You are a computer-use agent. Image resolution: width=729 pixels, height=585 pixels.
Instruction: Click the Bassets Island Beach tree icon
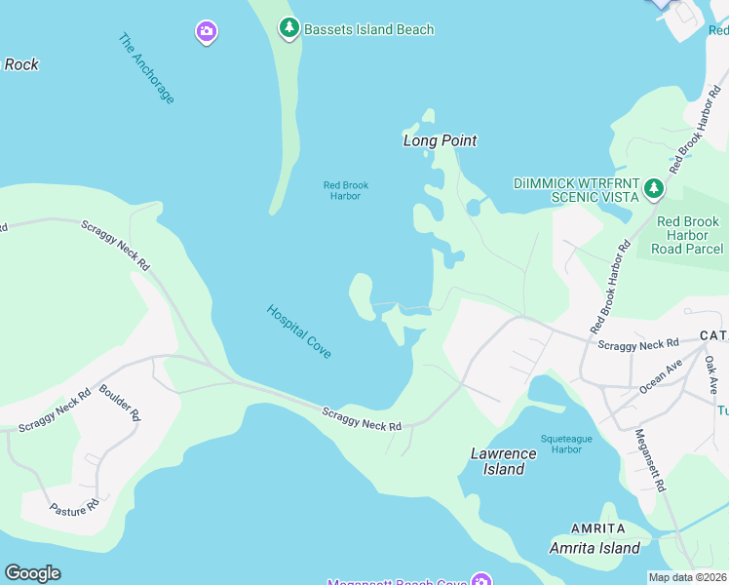(x=288, y=29)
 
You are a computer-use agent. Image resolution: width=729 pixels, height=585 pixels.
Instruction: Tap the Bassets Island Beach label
(x=368, y=29)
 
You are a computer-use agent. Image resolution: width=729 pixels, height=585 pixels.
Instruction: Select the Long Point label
(x=441, y=140)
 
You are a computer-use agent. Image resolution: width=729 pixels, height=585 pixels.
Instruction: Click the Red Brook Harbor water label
(x=346, y=190)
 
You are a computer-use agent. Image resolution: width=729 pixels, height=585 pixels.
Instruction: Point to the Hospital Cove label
(x=299, y=331)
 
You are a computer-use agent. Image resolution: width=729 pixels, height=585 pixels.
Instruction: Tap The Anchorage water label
(x=146, y=68)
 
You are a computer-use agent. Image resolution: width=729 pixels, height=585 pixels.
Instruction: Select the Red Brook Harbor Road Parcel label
(x=688, y=235)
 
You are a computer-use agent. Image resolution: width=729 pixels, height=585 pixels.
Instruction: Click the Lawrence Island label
(x=504, y=461)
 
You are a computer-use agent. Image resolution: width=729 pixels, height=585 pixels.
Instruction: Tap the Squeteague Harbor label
(x=566, y=445)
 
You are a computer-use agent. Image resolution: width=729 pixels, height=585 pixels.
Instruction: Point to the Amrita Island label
(x=595, y=548)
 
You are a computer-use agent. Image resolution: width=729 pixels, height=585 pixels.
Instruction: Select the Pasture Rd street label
(x=75, y=507)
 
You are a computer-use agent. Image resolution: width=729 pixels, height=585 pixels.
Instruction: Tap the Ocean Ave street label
(x=661, y=376)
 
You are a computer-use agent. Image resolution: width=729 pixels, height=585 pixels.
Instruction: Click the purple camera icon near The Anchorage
(x=206, y=32)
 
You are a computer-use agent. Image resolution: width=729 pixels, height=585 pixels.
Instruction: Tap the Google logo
(x=32, y=573)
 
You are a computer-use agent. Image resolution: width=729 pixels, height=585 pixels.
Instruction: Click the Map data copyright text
(x=688, y=577)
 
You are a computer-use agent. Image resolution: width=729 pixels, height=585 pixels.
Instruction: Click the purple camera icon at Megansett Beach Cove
(x=480, y=581)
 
